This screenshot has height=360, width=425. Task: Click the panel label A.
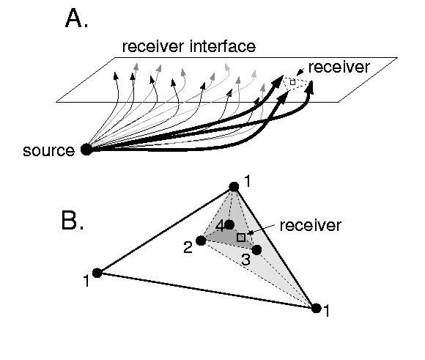click(77, 18)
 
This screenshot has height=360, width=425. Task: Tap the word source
click(49, 151)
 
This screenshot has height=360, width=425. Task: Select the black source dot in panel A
click(86, 150)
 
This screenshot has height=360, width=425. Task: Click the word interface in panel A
click(223, 46)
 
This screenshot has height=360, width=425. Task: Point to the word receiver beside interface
click(153, 46)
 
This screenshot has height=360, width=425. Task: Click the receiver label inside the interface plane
click(339, 67)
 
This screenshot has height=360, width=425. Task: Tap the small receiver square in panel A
click(292, 82)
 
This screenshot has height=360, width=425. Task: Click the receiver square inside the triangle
click(241, 238)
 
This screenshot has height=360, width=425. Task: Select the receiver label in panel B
click(311, 225)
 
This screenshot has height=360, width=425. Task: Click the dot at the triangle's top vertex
click(234, 187)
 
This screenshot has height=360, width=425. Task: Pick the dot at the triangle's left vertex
click(97, 273)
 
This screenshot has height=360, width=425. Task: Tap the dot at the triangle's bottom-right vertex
click(317, 308)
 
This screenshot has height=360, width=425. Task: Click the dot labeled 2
click(201, 240)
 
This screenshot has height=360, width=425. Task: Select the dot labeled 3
click(256, 249)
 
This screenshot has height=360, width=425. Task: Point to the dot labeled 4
click(229, 224)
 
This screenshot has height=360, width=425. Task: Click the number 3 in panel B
click(245, 260)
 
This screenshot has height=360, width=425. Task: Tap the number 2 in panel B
click(188, 247)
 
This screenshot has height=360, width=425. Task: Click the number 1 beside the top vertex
click(247, 181)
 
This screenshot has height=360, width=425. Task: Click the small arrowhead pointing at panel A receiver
click(300, 72)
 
